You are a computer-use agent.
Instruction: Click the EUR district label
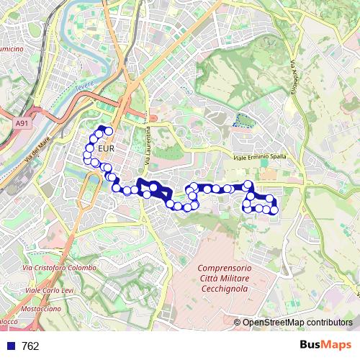(106, 149)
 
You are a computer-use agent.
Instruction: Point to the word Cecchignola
(222, 288)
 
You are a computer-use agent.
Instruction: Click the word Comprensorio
(223, 268)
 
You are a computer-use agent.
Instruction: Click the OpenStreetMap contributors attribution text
(297, 322)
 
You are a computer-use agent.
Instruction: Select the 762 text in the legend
(30, 346)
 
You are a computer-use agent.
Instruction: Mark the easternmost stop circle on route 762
(274, 210)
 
